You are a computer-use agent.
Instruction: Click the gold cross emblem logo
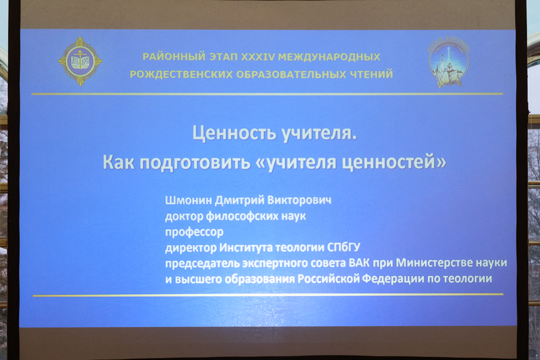tap(80, 62)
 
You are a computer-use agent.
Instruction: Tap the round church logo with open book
tap(449, 62)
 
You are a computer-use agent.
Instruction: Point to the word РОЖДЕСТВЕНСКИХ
tap(181, 74)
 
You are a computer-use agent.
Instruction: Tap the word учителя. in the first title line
tap(319, 133)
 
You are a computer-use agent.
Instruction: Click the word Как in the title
tap(118, 162)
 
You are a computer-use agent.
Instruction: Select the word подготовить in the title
tap(195, 162)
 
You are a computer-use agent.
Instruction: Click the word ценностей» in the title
tap(394, 162)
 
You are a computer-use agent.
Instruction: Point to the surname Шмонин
tap(188, 200)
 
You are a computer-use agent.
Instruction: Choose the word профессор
tap(194, 233)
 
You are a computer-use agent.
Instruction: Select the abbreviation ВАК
tap(359, 263)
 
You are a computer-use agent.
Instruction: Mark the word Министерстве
tap(434, 263)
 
